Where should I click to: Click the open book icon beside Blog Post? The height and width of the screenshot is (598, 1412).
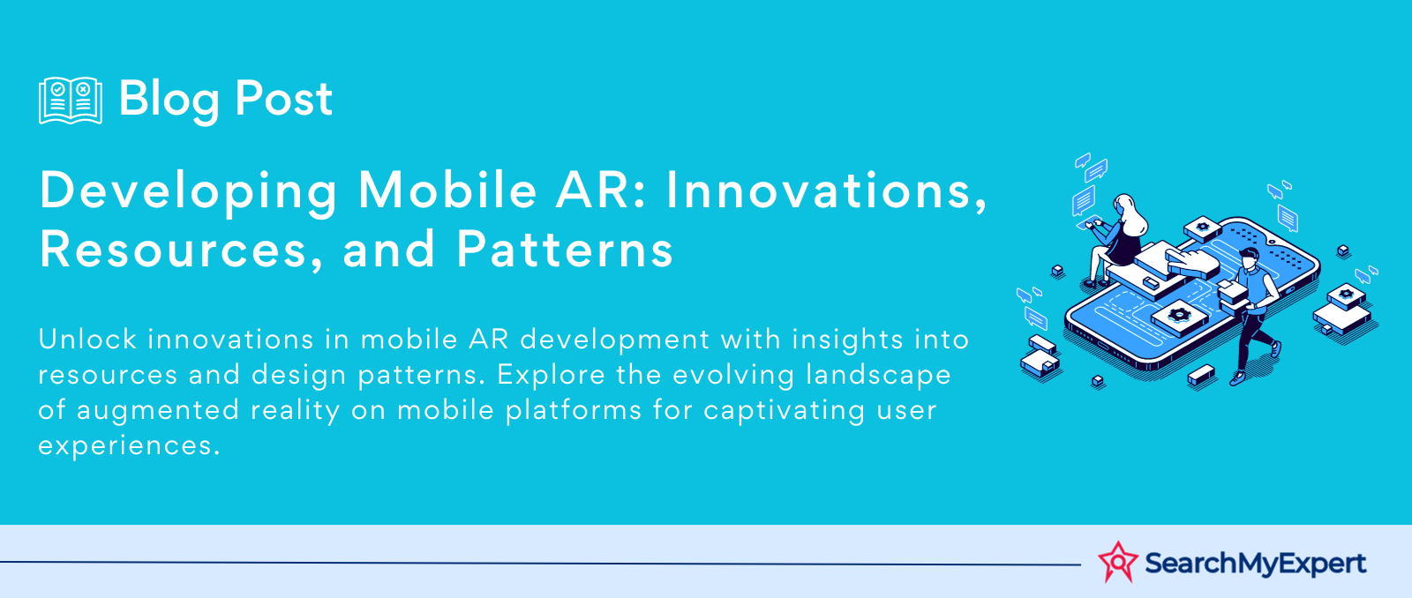[x=71, y=101]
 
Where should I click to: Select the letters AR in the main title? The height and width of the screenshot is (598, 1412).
[x=592, y=191]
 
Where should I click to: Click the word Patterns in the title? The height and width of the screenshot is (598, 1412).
[x=564, y=250]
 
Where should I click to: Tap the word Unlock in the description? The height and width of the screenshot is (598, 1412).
[x=87, y=339]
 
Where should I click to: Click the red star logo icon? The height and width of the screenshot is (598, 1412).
[x=1118, y=562]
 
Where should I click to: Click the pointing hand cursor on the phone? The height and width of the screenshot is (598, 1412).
[x=1190, y=263]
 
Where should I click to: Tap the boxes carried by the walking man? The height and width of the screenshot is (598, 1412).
[x=1232, y=295]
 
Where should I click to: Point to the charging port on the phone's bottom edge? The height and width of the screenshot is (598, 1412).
[x=1103, y=346]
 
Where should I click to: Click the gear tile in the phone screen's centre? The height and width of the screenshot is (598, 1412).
[x=1179, y=316]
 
